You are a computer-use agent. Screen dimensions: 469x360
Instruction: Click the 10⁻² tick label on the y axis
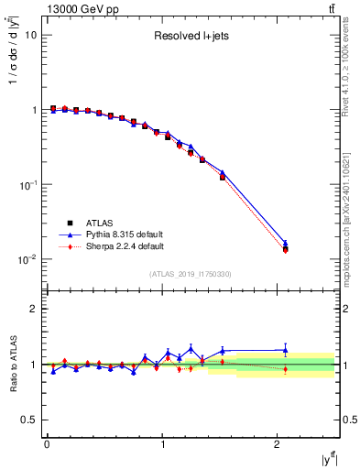point(28,260)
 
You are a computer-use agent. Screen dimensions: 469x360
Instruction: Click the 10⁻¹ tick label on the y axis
point(28,185)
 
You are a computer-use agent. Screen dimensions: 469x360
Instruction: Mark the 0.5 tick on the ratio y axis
point(28,420)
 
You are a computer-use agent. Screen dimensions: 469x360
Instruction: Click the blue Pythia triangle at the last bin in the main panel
point(285,244)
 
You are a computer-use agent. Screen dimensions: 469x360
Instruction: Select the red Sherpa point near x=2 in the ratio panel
point(285,369)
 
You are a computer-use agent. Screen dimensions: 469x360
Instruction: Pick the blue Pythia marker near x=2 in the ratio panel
point(285,349)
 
